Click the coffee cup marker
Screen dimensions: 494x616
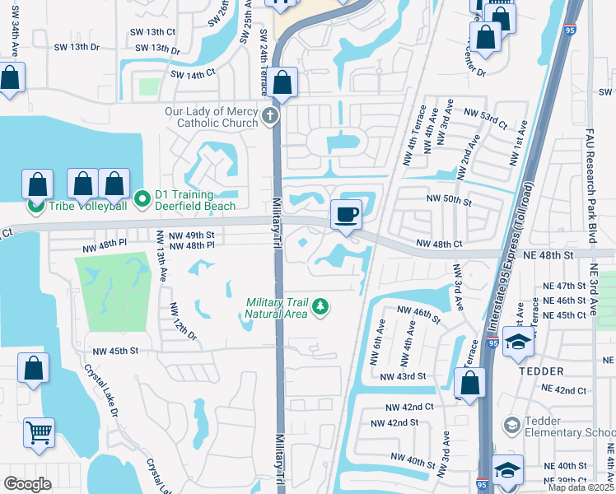click(x=346, y=215)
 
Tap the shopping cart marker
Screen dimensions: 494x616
click(x=38, y=432)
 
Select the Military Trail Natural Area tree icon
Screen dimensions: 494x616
click(x=320, y=308)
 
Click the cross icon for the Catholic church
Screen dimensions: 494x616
click(x=271, y=117)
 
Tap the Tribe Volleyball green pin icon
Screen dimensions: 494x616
click(x=35, y=205)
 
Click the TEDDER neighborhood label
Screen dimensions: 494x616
click(x=540, y=370)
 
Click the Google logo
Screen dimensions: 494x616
click(x=27, y=483)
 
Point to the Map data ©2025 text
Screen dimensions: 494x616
click(x=581, y=487)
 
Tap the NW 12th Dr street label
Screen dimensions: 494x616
click(x=184, y=322)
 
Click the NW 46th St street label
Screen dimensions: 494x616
click(x=418, y=310)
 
